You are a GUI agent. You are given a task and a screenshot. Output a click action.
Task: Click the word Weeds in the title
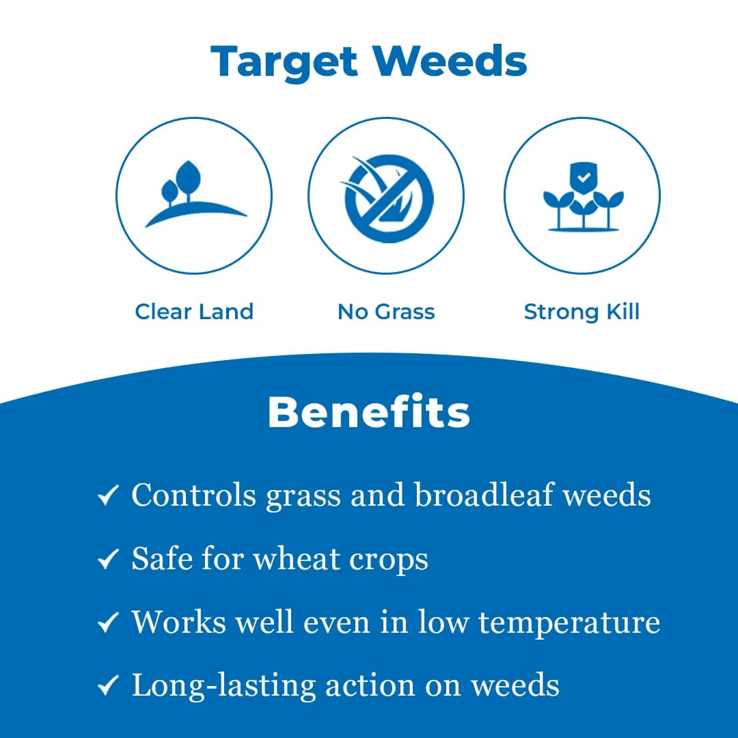pos(450,62)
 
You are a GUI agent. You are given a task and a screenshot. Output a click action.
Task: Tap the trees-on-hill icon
pos(193,195)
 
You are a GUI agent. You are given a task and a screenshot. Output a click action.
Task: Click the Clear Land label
pos(194,312)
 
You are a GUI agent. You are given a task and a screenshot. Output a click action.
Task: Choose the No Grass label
pos(386,312)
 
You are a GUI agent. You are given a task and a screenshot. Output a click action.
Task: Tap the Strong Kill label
pos(582,312)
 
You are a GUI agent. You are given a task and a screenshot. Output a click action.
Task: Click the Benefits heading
pos(369,412)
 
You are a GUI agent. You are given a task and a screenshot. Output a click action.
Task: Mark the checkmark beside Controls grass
pos(109,496)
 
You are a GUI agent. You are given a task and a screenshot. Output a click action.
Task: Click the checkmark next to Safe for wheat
pos(109,560)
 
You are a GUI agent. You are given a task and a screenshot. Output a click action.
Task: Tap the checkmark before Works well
pos(109,623)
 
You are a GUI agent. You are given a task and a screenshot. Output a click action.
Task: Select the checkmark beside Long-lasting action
pos(109,686)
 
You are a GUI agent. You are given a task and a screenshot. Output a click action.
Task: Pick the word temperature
pos(569,623)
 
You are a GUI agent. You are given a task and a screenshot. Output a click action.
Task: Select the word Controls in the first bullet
pos(193,495)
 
